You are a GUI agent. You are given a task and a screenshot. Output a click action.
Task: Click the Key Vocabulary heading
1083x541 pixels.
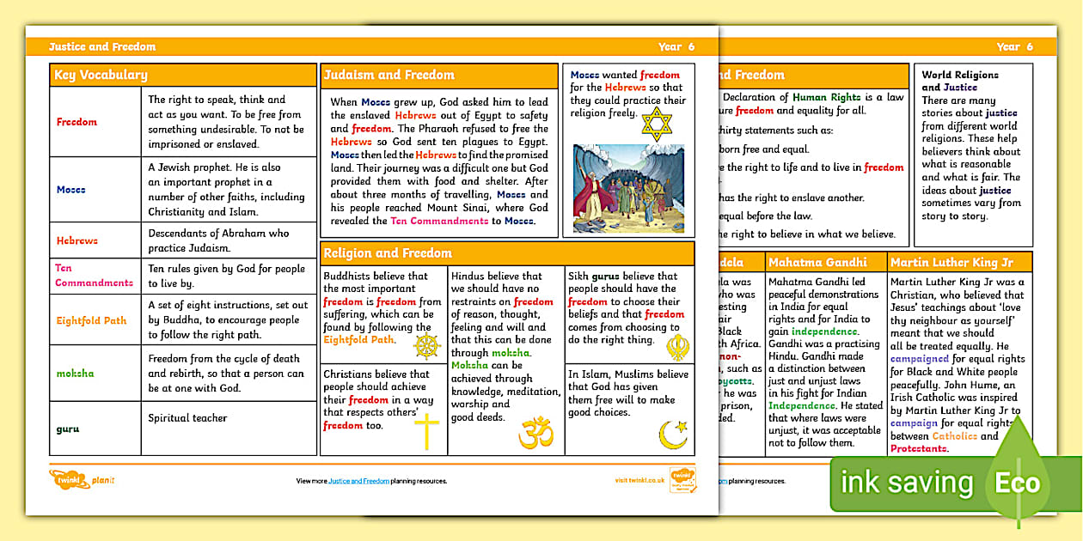tap(101, 76)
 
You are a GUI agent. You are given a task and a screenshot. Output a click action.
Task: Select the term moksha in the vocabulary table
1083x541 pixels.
tap(76, 374)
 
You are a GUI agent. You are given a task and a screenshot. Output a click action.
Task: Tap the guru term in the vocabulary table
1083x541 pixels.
tap(68, 427)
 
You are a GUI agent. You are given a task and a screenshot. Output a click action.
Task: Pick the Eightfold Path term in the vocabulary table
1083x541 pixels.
tap(91, 320)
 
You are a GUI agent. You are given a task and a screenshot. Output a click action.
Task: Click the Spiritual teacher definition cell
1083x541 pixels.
tap(187, 418)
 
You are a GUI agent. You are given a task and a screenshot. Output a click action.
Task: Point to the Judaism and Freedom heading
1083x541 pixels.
tap(389, 76)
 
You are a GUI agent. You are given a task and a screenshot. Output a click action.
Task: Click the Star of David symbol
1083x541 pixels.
tap(656, 124)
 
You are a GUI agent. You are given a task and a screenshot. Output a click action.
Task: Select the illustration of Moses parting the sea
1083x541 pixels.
tap(628, 189)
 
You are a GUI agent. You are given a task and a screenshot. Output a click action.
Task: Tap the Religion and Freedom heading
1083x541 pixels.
tap(388, 253)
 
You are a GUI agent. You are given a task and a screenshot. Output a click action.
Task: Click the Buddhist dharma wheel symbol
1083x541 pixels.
tap(427, 345)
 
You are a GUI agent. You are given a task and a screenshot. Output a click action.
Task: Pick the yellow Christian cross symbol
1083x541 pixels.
tap(426, 431)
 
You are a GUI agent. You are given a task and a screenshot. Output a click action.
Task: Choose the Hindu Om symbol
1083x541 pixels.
tap(535, 432)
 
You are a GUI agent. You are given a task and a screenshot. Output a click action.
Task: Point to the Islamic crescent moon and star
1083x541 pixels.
tap(672, 432)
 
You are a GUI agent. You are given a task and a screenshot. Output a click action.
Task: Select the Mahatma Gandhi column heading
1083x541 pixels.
tap(817, 262)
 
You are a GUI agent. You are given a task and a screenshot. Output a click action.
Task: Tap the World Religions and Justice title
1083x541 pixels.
tap(960, 81)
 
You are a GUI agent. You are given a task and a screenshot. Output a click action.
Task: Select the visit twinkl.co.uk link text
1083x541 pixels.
tap(639, 481)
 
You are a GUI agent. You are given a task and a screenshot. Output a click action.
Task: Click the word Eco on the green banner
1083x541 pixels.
tap(1018, 483)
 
